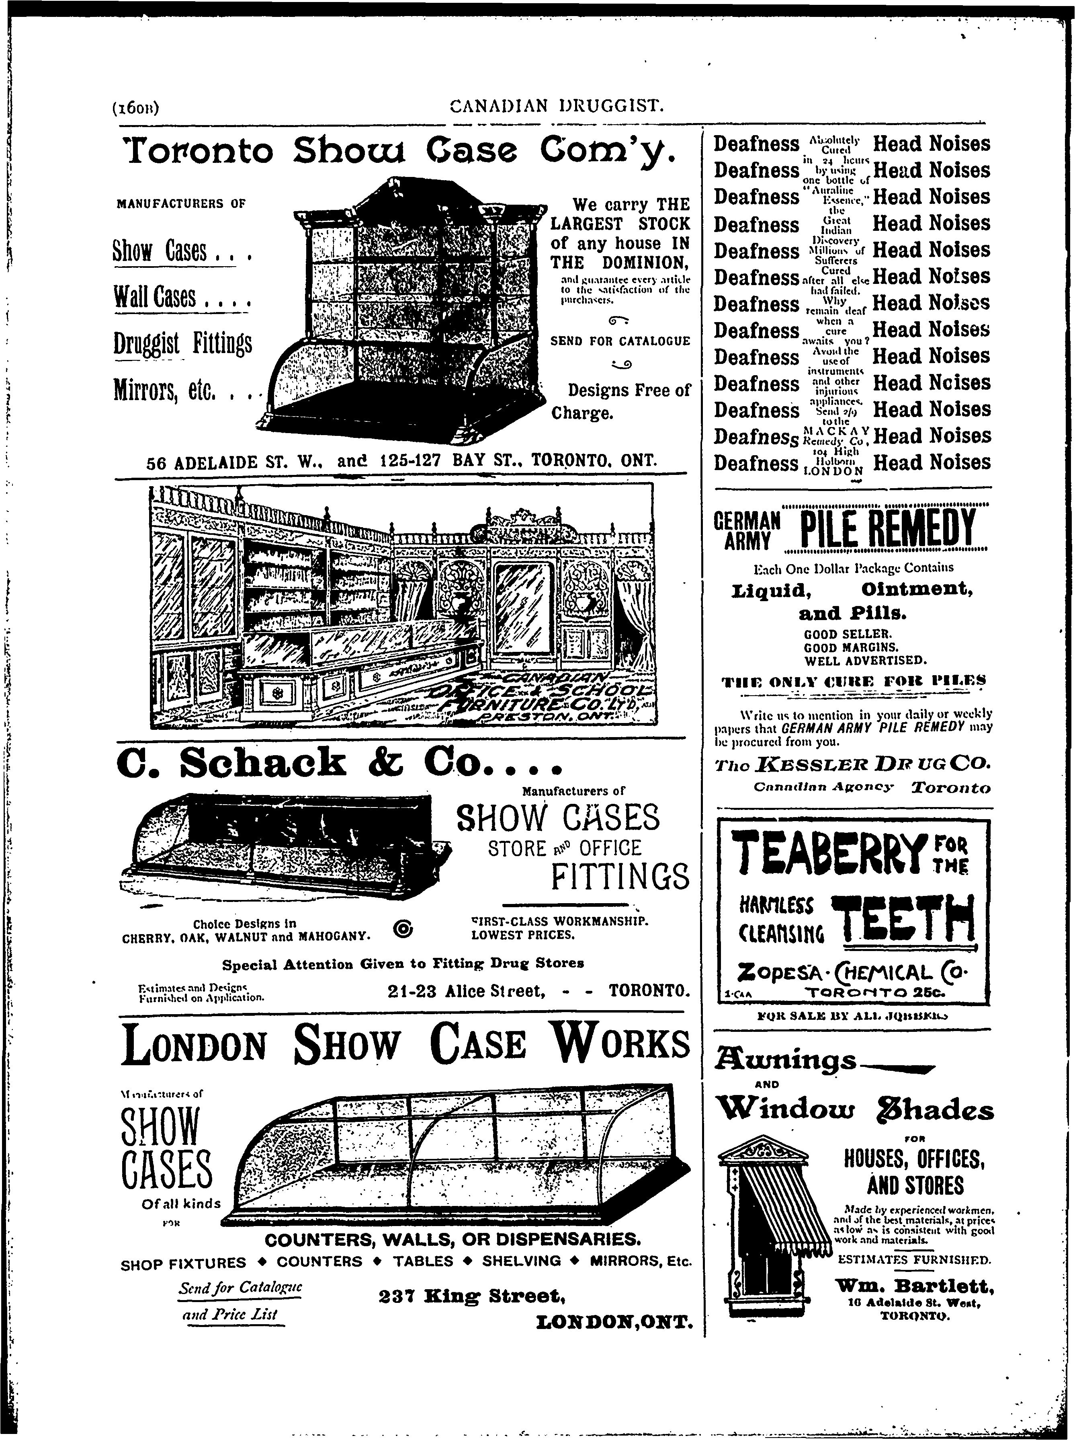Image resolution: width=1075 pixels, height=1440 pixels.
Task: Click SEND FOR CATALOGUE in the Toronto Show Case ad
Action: (620, 341)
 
